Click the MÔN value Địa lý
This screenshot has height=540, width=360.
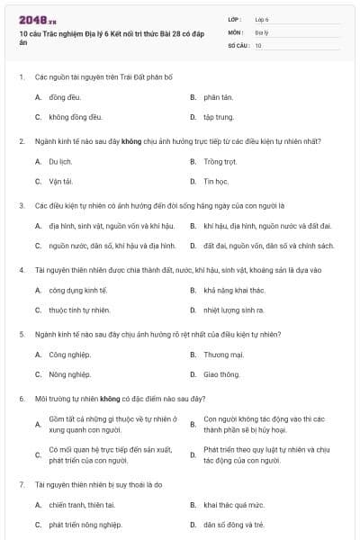pos(261,31)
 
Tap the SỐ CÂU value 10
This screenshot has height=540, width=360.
pos(258,45)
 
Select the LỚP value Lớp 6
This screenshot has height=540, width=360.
pos(262,19)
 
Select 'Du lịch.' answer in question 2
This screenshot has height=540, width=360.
pos(59,162)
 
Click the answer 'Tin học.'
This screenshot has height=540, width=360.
pos(216,182)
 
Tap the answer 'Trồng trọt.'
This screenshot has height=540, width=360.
pos(220,162)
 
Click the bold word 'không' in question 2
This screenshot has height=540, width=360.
pos(132,141)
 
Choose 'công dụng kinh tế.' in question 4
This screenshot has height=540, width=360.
pos(78,291)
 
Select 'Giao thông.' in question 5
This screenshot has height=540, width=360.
pos(221,374)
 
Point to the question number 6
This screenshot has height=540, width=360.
pos(22,398)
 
